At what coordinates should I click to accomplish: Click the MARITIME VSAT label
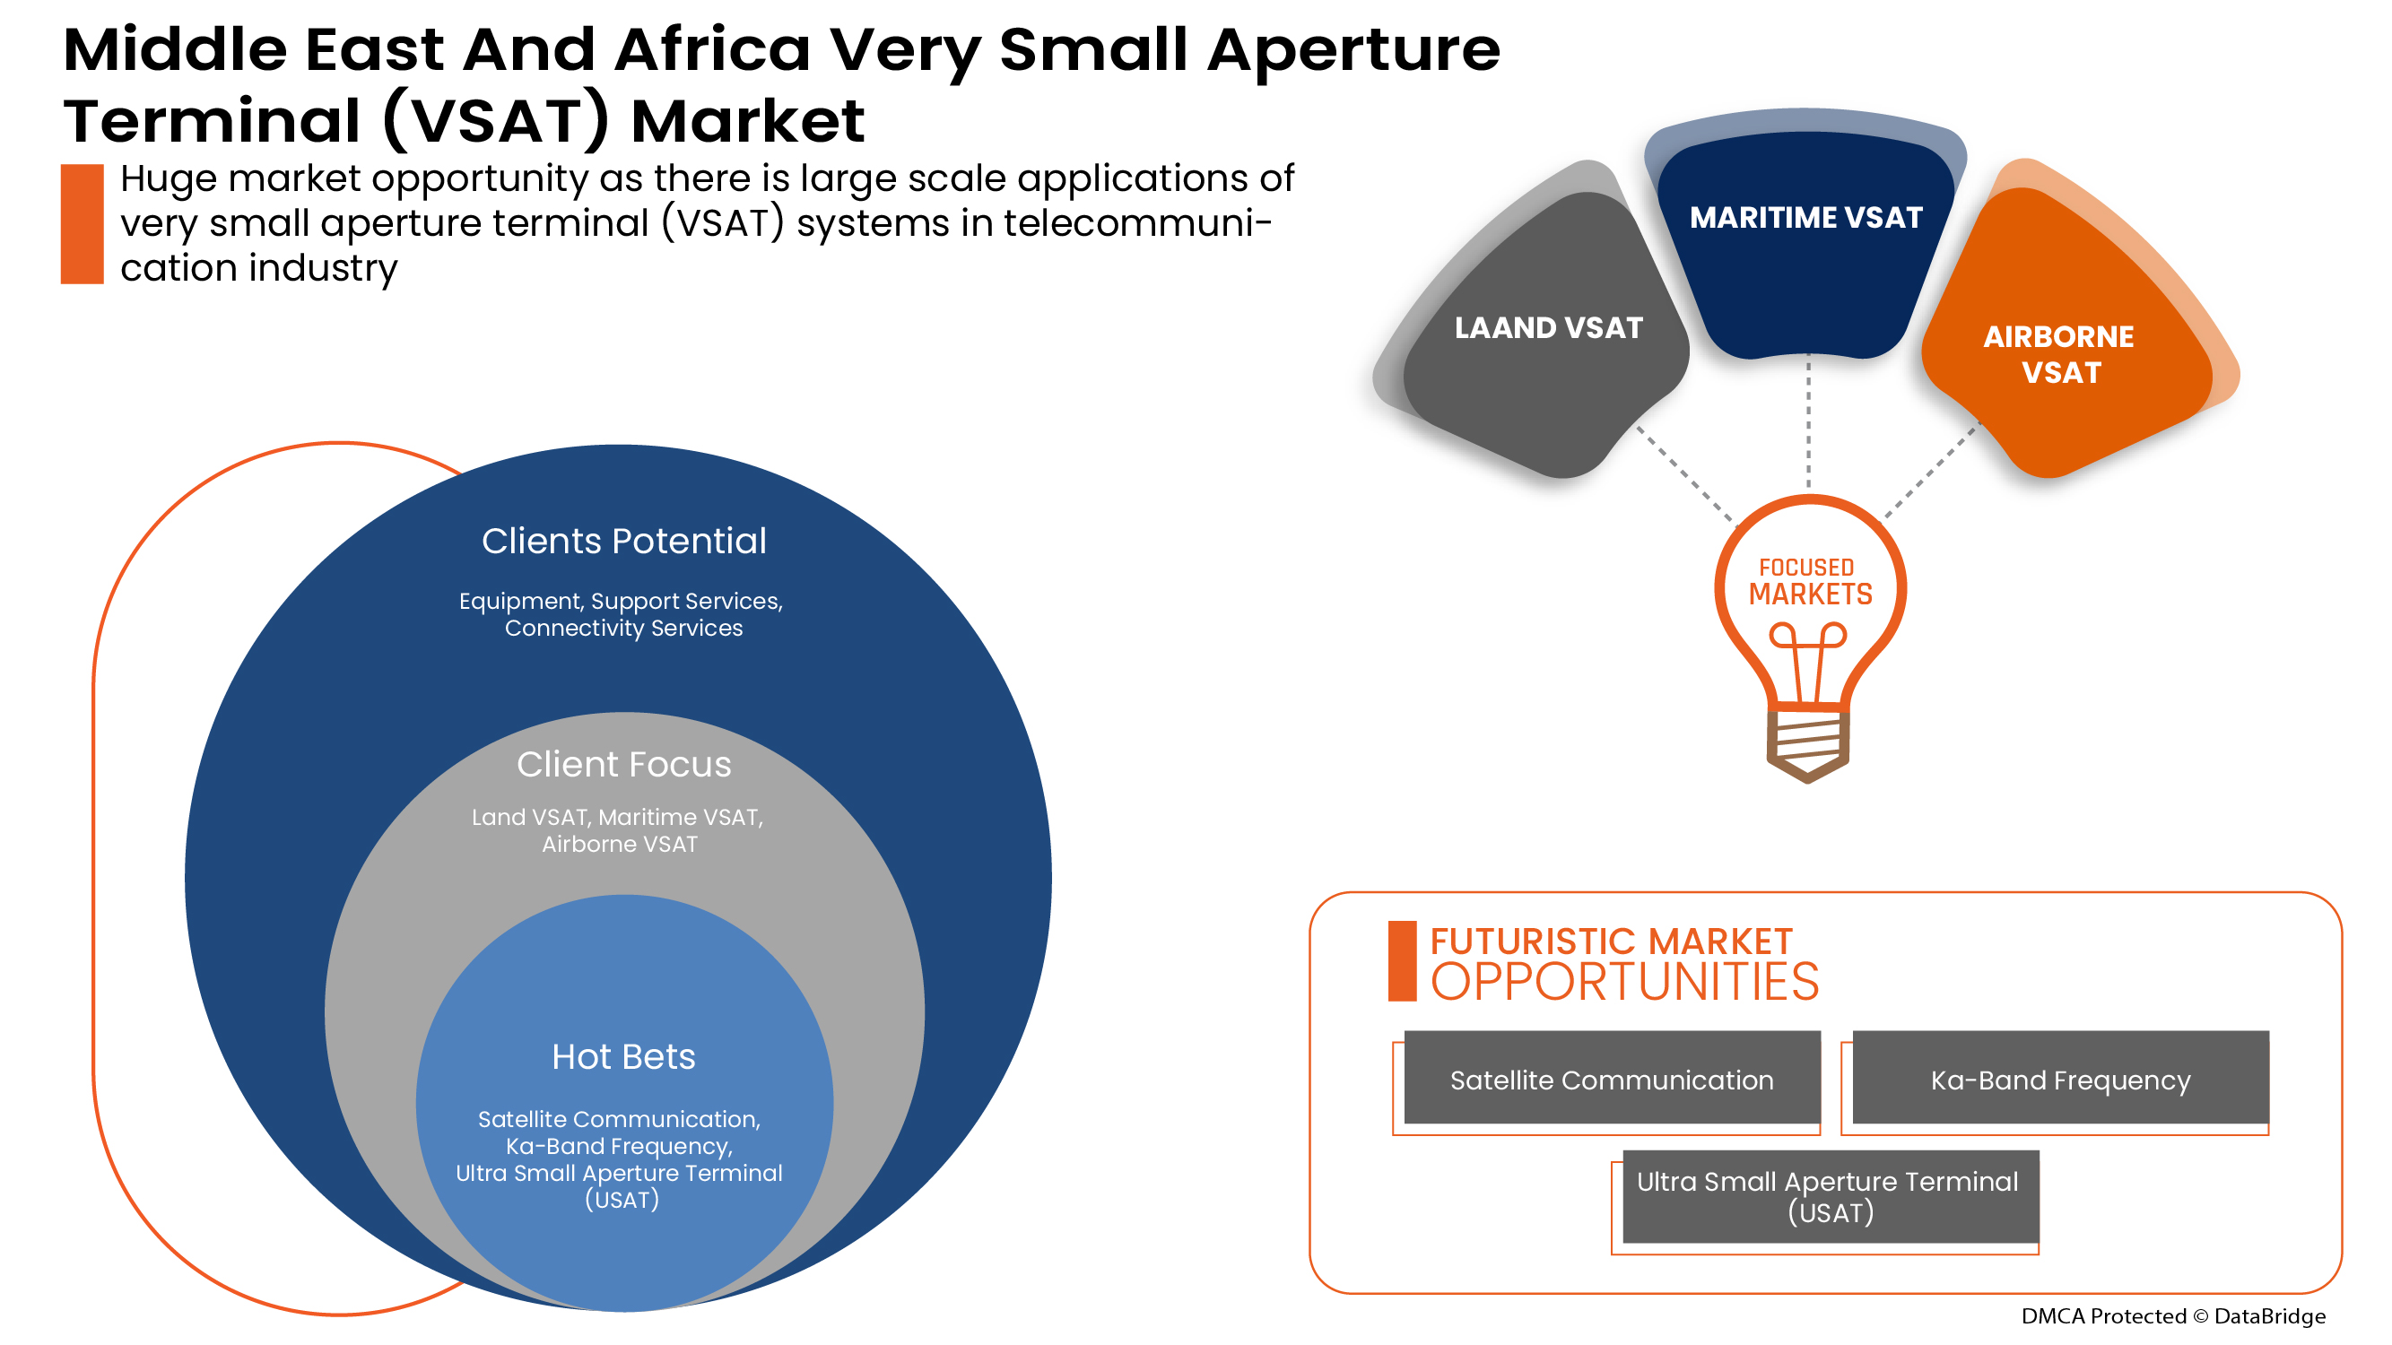click(x=1805, y=217)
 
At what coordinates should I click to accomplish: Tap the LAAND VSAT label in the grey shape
click(x=1548, y=327)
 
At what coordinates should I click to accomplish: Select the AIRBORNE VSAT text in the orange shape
click(x=2058, y=353)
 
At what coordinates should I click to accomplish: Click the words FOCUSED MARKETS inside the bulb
click(x=1810, y=581)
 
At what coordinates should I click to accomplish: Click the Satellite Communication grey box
click(x=1611, y=1080)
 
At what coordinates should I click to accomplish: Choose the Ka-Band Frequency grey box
click(x=2059, y=1080)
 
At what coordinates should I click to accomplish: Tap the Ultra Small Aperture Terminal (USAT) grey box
click(x=1830, y=1196)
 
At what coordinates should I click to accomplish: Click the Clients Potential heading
click(x=624, y=542)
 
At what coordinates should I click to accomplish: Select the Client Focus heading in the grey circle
click(x=624, y=764)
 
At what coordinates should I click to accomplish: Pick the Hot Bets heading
click(x=624, y=1056)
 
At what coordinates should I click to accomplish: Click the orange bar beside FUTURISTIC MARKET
click(x=1402, y=960)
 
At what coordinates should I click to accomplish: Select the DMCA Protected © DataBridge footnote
click(x=2173, y=1316)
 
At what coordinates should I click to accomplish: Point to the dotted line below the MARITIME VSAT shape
click(x=1808, y=422)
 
